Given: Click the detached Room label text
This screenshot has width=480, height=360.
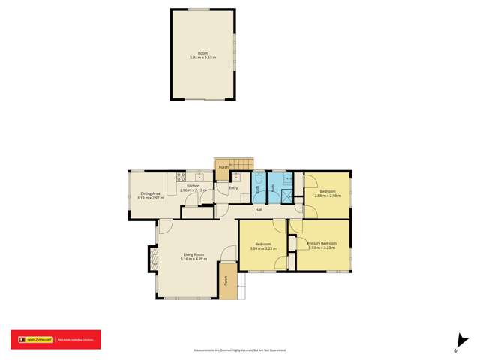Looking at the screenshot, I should click(202, 52).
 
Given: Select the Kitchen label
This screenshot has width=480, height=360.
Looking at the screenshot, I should click(193, 186).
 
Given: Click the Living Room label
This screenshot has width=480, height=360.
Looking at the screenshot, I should click(193, 255).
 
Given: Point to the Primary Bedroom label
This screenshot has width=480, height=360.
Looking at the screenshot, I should click(322, 243).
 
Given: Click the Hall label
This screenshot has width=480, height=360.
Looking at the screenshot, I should click(258, 209).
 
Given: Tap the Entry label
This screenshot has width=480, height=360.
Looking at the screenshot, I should click(233, 187).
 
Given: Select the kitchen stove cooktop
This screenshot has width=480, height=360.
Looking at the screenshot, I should click(181, 178).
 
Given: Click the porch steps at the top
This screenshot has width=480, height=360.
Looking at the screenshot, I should click(242, 164).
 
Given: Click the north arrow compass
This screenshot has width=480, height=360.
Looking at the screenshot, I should click(457, 341).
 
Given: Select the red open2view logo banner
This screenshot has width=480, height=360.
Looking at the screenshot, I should click(55, 339).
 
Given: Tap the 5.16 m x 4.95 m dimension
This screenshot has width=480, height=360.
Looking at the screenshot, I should click(193, 259).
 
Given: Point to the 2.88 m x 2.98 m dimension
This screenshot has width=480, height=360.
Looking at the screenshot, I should click(327, 196).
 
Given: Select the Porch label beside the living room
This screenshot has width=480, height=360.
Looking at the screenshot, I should click(225, 283).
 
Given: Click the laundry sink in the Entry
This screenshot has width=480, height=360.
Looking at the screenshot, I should click(235, 177).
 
